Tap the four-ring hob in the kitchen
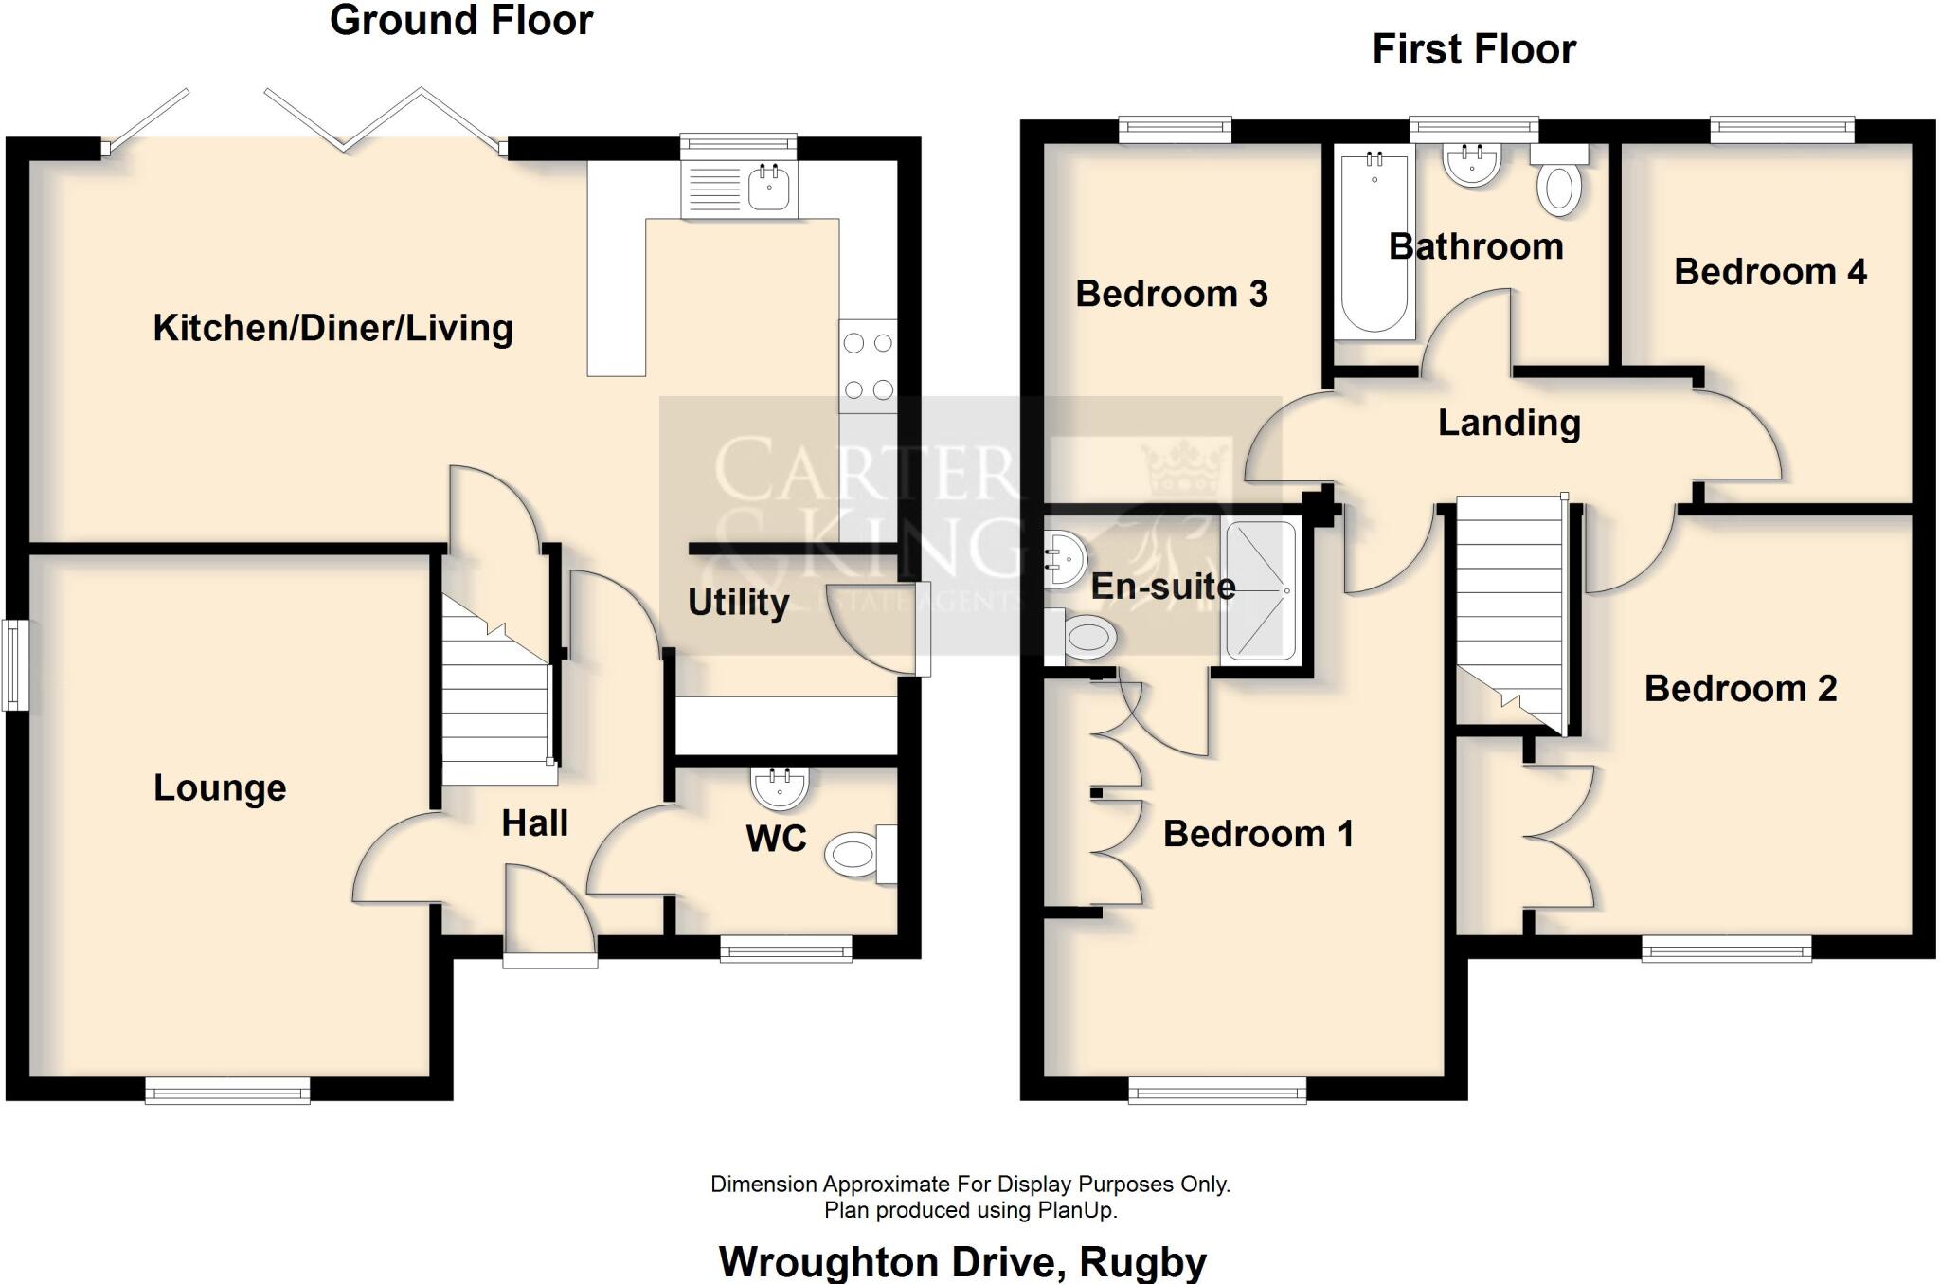tap(868, 366)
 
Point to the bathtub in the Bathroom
tap(1374, 244)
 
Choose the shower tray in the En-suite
tap(1260, 590)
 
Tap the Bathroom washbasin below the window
tap(1471, 165)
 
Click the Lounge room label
tap(220, 787)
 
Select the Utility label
tap(738, 603)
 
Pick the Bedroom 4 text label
tap(1769, 272)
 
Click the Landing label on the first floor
tap(1509, 423)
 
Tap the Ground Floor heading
tap(461, 21)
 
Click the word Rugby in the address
tap(1142, 1262)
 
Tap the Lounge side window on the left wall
tap(14, 664)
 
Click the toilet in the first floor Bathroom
tap(1559, 186)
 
